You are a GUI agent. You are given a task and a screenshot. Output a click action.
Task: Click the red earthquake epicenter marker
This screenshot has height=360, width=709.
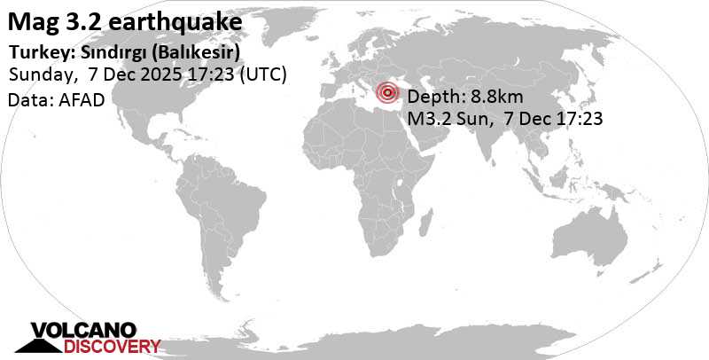[x=387, y=92]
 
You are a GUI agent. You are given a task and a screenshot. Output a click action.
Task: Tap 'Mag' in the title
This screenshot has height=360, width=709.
[x=31, y=18]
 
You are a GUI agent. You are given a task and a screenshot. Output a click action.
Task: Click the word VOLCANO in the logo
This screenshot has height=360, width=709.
[x=83, y=332]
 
